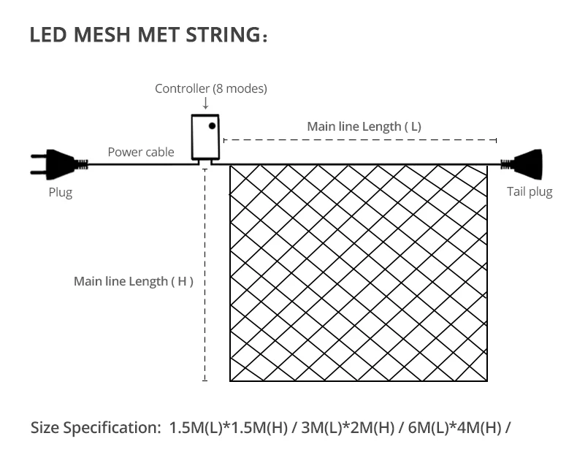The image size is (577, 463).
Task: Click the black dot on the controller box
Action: point(212,126)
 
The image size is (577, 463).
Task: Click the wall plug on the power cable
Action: point(59,164)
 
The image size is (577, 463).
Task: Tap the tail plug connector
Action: point(521,164)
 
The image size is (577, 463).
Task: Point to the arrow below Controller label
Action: point(206,103)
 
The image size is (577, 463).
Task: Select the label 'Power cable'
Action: point(141,152)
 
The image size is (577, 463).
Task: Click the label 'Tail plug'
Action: point(530,192)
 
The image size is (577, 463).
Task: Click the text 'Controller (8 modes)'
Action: point(211,88)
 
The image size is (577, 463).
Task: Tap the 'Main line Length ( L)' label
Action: point(364,126)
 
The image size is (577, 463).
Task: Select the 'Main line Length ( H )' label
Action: point(134,282)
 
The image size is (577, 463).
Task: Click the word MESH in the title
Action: point(102,34)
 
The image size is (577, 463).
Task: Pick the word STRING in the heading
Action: point(223,34)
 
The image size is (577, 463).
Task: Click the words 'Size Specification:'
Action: point(96,428)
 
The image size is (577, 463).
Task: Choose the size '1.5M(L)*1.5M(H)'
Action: point(228,428)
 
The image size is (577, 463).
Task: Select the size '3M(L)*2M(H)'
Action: point(348,428)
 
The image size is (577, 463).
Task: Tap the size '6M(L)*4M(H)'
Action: point(455,428)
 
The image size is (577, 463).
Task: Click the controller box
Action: point(205,137)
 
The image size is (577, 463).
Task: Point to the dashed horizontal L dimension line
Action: point(360,140)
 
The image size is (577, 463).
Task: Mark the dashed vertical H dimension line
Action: point(205,275)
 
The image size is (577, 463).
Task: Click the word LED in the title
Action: point(48,34)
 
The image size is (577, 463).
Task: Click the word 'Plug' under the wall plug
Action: point(61,193)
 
